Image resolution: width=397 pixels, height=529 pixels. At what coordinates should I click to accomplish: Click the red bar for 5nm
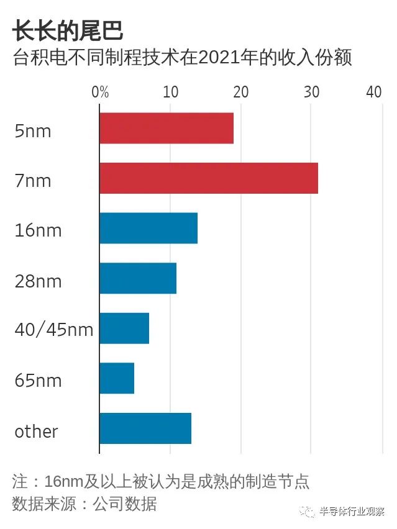coord(167,129)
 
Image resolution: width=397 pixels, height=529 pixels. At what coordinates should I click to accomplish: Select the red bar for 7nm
coord(209,179)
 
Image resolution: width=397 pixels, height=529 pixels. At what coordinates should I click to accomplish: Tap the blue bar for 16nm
coord(148,228)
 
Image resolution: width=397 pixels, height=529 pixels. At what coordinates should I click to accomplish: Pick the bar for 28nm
coord(138,278)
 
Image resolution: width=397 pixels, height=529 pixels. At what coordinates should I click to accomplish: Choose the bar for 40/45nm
coord(124,328)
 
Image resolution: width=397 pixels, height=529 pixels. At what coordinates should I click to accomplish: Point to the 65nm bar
coord(117,378)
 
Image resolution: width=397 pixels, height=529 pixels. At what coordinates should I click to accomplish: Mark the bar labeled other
coord(145,428)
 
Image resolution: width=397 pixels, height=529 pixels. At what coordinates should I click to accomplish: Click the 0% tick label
coord(100,92)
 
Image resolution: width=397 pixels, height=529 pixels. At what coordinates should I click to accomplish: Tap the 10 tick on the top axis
coord(170,92)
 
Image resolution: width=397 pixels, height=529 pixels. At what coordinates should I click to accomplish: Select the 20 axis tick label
coord(240,92)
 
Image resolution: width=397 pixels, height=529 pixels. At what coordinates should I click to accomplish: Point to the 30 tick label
coord(311,92)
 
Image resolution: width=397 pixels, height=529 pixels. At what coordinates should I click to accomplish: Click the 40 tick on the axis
coord(374,92)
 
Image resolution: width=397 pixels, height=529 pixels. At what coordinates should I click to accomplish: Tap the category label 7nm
coord(32,181)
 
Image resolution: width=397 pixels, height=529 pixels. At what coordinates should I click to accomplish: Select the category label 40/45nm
coord(54,330)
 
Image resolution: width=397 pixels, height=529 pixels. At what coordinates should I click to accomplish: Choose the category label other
coord(36,431)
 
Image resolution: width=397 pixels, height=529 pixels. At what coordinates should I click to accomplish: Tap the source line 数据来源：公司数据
coord(84,503)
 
